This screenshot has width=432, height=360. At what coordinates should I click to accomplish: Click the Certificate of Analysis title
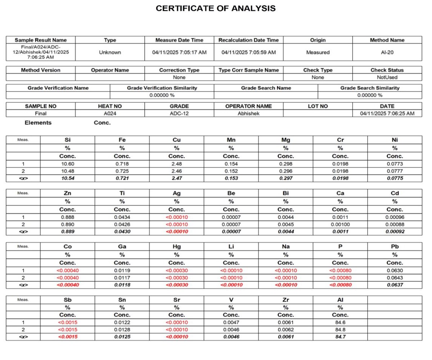coord(216,8)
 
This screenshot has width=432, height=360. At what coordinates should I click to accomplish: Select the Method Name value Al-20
coord(387,52)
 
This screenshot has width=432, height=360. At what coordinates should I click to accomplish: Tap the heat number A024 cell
coord(110,113)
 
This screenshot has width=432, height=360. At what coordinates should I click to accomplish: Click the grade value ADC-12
coord(179,113)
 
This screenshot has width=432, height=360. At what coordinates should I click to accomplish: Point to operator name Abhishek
coord(248,113)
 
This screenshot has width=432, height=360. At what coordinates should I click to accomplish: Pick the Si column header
coord(67,139)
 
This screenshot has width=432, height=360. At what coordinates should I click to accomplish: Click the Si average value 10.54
coord(67,178)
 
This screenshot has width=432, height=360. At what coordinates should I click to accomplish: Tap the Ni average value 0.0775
coord(395,178)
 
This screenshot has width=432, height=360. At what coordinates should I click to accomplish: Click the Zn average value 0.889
coord(67,231)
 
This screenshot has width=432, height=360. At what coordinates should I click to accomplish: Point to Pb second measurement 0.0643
coord(395,278)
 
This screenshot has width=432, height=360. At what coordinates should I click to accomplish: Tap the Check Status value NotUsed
coord(387,77)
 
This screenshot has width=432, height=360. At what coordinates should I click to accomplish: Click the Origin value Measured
coord(318,52)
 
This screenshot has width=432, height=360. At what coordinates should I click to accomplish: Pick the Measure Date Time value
coord(179,52)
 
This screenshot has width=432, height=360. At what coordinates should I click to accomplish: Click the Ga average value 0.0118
coord(122,285)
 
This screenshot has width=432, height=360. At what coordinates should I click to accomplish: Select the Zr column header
coord(285,300)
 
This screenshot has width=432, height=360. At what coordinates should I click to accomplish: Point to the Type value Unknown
coord(110,52)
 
